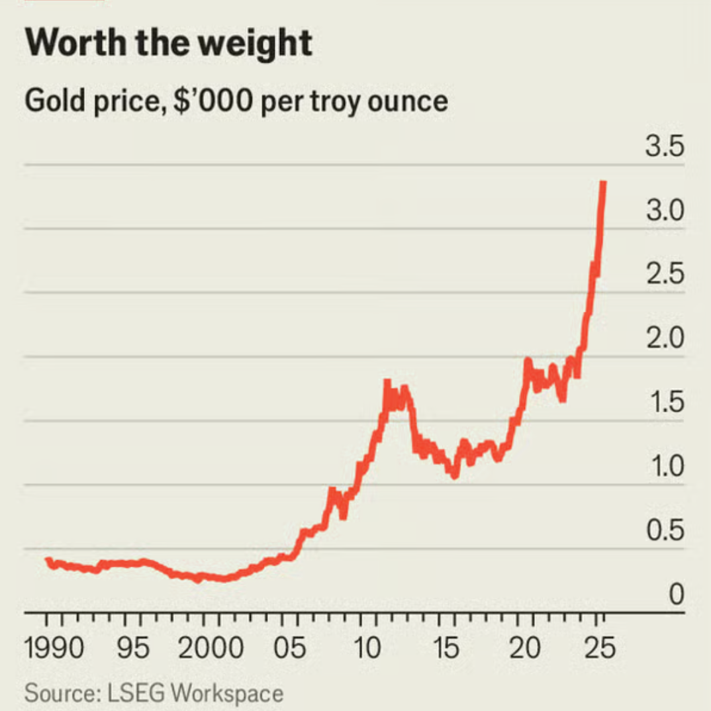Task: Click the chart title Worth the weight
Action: (x=168, y=43)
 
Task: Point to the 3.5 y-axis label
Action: (x=664, y=146)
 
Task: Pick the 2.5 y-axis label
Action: (x=664, y=275)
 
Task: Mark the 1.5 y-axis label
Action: (x=664, y=403)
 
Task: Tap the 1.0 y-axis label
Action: (x=664, y=467)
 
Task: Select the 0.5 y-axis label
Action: (x=664, y=531)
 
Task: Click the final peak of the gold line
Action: (x=603, y=183)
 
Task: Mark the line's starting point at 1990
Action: (x=48, y=560)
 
